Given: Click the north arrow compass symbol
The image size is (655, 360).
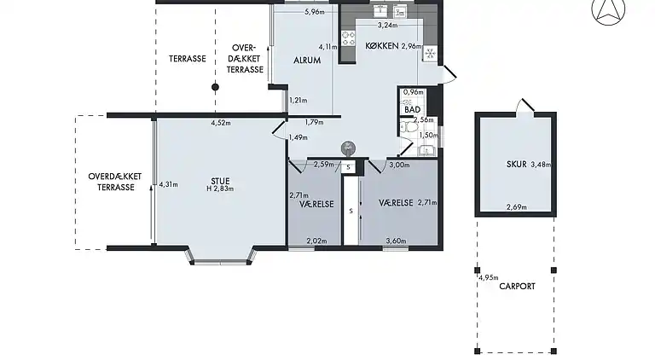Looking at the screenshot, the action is click(608, 10).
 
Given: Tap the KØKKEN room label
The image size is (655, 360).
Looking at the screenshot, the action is click(382, 46).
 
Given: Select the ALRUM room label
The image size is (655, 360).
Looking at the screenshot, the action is click(307, 60).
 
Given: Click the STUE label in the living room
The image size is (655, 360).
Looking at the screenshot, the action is click(220, 181).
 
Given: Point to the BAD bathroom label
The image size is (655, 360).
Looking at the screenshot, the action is click(412, 110).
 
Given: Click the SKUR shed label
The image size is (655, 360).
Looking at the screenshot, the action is click(516, 165).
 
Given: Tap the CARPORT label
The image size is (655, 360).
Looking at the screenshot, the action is click(517, 287).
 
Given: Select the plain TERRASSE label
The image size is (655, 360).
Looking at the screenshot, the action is click(187, 59).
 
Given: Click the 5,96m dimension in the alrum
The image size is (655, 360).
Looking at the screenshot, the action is click(315, 12).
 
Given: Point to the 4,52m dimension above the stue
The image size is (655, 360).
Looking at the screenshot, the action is click(221, 123).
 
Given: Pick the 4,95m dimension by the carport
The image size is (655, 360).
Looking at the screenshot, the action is click(489, 277).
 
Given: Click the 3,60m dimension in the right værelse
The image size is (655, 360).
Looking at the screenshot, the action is click(396, 241).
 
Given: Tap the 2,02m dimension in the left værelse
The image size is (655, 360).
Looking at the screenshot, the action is click(316, 241).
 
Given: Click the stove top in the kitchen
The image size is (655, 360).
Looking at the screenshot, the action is click(348, 38).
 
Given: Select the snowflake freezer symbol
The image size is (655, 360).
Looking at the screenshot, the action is click(430, 54).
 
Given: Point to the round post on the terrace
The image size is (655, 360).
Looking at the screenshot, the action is click(215, 87).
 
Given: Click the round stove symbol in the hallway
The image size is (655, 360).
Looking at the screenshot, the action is click(348, 148).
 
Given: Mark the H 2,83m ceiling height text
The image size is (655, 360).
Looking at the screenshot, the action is click(220, 189).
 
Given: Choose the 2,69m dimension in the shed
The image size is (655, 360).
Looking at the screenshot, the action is click(517, 206).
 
